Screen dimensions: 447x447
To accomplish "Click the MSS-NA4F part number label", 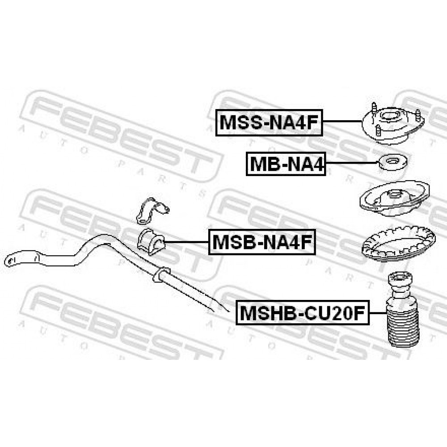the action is (269, 122).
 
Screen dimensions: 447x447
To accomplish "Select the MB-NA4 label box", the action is (286, 164).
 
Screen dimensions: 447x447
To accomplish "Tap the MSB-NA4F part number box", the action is (262, 242).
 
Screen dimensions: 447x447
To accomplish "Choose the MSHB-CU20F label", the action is (303, 312).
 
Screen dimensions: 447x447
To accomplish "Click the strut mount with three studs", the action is (393, 124).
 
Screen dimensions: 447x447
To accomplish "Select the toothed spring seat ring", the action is (398, 246).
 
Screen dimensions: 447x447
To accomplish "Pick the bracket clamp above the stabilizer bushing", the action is (152, 210).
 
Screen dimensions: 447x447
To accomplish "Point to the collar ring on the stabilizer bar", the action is (161, 274).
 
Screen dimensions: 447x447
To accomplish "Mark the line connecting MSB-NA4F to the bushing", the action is (187, 242).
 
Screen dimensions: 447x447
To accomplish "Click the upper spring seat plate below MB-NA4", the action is (395, 199).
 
